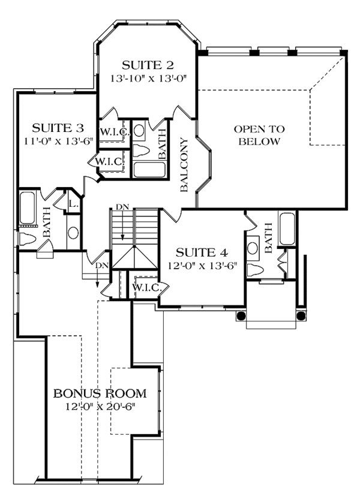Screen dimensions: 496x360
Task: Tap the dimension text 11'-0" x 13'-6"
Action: tap(56, 141)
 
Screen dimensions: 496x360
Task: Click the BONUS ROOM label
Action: tap(100, 394)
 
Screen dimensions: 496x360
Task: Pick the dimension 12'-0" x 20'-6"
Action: tap(101, 407)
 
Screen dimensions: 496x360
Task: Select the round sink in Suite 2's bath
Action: tap(139, 130)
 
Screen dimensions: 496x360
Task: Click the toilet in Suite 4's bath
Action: tap(256, 269)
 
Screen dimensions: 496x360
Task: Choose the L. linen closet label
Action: tap(74, 205)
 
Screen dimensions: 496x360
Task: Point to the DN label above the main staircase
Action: tap(122, 207)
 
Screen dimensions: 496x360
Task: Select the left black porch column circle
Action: tap(241, 315)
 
